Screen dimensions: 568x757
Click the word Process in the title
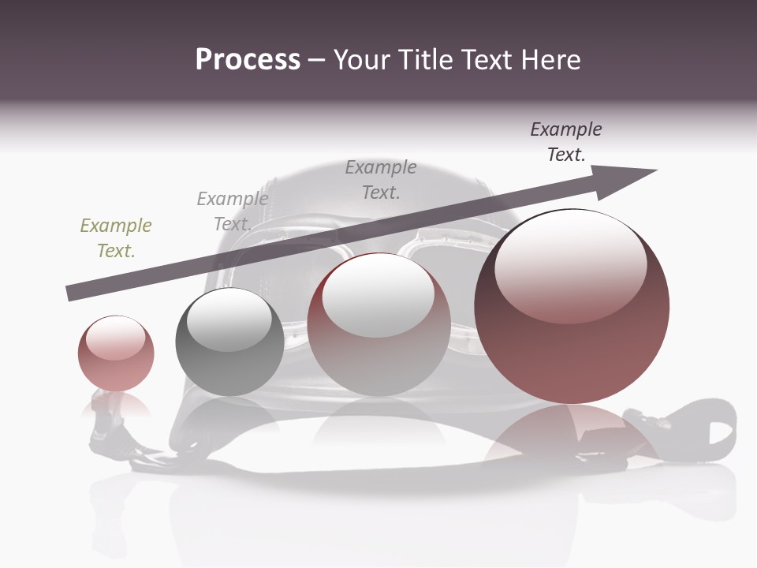(x=248, y=60)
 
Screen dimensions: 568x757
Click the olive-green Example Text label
(x=116, y=237)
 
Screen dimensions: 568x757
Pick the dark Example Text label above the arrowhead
(x=566, y=141)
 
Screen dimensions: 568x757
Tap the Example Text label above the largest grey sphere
(x=381, y=179)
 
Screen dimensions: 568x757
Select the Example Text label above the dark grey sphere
(x=233, y=211)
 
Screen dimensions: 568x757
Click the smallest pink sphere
(x=116, y=363)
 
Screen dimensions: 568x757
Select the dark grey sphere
(x=229, y=355)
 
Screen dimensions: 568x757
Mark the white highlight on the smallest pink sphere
(x=115, y=338)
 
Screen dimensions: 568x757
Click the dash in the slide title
(x=317, y=60)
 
